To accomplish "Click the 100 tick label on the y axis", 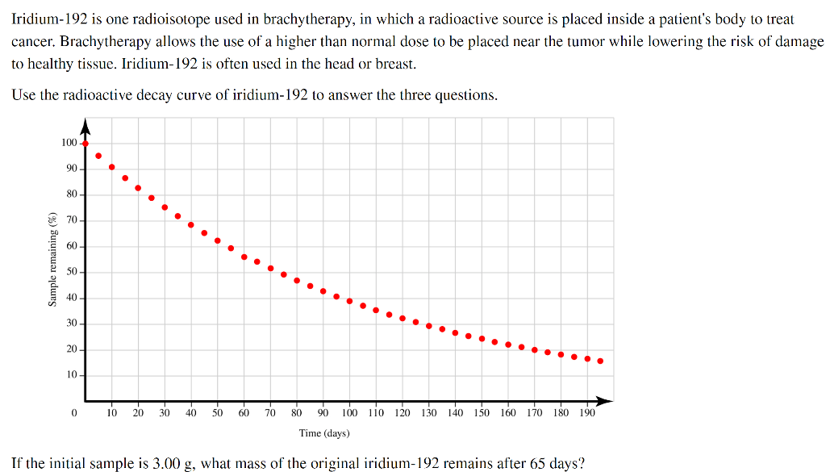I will pyautogui.click(x=69, y=143).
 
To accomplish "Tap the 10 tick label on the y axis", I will pyautogui.click(x=72, y=375).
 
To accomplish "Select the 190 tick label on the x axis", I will pyautogui.click(x=587, y=413).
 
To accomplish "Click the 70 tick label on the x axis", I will pyautogui.click(x=270, y=413).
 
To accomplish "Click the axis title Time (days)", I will pyautogui.click(x=324, y=433).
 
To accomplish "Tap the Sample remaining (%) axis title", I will pyautogui.click(x=52, y=259).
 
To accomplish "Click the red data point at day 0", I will pyautogui.click(x=86, y=144).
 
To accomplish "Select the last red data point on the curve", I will pyautogui.click(x=600, y=361).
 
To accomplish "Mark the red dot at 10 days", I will pyautogui.click(x=111, y=167).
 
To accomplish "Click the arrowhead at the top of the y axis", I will pyautogui.click(x=86, y=126).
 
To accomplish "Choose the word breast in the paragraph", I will pyautogui.click(x=398, y=64).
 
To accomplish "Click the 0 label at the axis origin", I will pyautogui.click(x=73, y=413).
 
